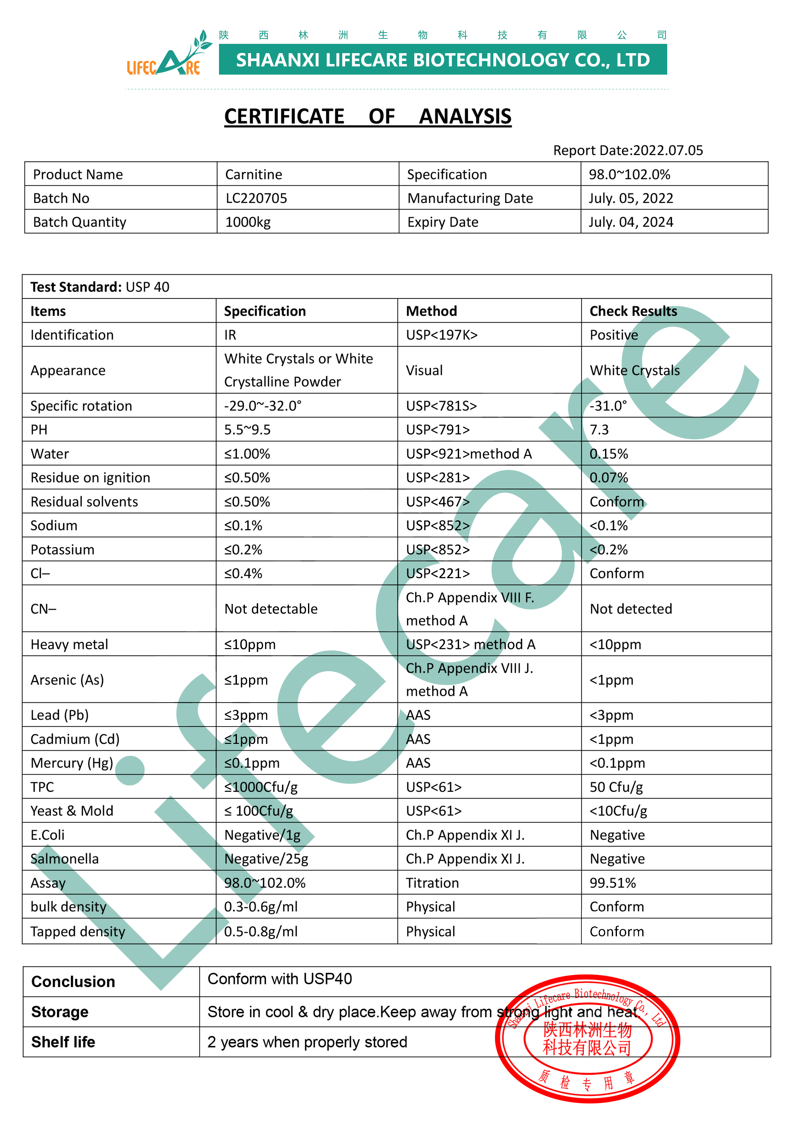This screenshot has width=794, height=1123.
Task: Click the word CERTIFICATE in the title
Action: (284, 117)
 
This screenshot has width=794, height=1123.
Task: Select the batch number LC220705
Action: (256, 198)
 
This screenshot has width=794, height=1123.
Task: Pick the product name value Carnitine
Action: (254, 175)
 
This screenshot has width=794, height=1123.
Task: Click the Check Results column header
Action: (633, 311)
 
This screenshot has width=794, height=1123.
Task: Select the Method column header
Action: (431, 311)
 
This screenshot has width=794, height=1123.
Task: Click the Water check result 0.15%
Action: (609, 453)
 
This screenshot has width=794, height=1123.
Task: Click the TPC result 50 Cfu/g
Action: (616, 787)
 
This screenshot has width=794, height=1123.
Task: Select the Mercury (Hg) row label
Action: (71, 763)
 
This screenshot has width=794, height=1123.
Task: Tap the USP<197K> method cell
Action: (442, 335)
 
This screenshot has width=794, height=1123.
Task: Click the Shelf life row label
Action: (63, 1042)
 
